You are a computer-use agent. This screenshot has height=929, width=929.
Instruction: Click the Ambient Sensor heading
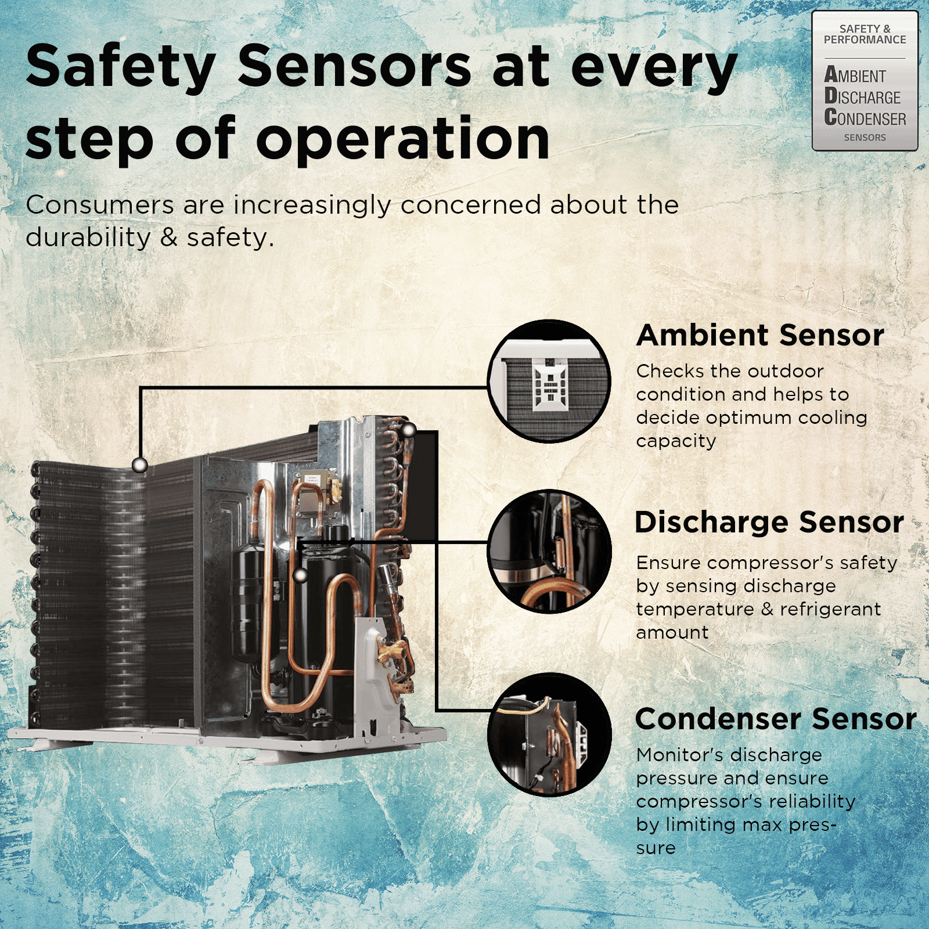(x=760, y=335)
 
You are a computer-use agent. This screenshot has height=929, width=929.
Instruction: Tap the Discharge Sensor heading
(x=769, y=521)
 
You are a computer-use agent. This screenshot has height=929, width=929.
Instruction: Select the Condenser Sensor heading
(x=776, y=718)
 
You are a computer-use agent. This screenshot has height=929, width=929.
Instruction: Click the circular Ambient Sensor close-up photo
(x=549, y=381)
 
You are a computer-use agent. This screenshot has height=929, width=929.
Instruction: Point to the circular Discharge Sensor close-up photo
(x=549, y=552)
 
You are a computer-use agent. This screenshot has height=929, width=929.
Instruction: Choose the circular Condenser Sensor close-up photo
(x=549, y=734)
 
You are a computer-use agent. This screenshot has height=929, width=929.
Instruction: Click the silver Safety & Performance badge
(x=865, y=81)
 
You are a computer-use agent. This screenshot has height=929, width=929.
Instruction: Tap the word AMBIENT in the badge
(x=855, y=75)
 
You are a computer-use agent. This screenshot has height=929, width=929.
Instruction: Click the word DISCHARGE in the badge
(x=862, y=96)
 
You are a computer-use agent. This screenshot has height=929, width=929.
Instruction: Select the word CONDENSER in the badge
(x=865, y=118)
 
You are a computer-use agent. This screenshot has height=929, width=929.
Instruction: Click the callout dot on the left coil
(x=139, y=464)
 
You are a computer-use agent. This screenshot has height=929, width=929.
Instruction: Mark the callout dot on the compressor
(x=300, y=575)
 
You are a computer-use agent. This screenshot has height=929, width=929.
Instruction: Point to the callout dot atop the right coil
(x=409, y=430)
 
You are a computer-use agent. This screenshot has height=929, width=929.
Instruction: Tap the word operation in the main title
(x=403, y=139)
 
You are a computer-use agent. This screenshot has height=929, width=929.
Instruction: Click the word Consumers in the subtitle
(x=100, y=204)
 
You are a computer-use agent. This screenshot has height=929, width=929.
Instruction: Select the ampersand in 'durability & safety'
(x=168, y=237)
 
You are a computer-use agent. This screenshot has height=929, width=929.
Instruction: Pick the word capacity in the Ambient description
(x=676, y=441)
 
